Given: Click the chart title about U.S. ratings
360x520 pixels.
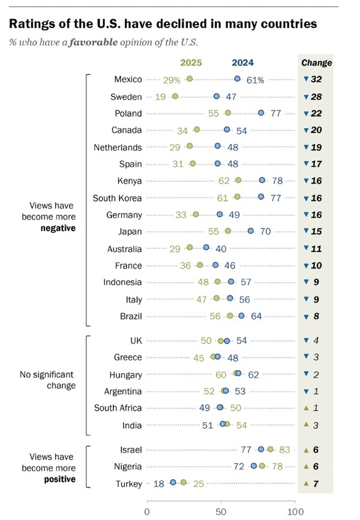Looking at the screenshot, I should [x=163, y=25].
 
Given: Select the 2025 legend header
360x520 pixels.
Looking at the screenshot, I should [x=192, y=62].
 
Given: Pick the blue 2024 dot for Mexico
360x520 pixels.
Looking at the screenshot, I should [x=238, y=79].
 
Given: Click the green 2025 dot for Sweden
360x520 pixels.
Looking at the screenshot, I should [x=175, y=96].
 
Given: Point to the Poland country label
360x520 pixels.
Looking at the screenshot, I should [x=128, y=113].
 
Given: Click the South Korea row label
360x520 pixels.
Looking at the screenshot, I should [x=117, y=198].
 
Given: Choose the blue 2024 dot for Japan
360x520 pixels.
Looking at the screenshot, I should [x=251, y=232].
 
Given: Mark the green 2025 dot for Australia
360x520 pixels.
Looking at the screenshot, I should [x=190, y=248].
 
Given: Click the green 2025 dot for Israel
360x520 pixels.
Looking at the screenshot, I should [x=271, y=449].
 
